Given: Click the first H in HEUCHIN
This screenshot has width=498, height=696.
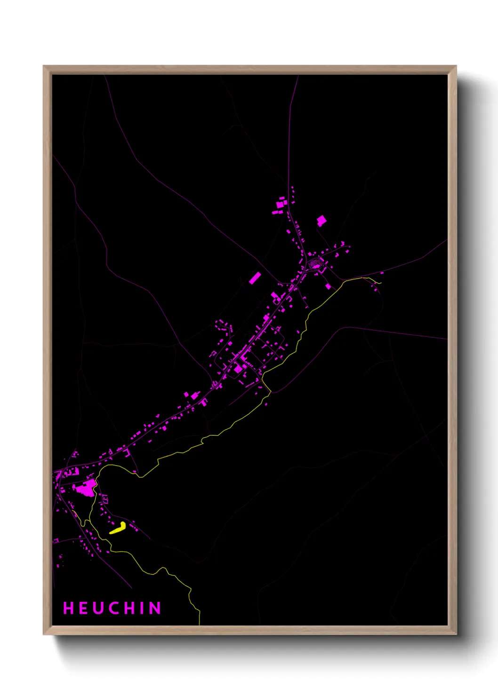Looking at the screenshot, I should point(68,608).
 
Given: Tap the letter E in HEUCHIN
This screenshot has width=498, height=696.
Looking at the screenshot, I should point(82,608).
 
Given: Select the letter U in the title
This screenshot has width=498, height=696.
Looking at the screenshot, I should point(97,608).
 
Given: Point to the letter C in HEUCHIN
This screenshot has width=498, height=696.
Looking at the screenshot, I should point(113,608).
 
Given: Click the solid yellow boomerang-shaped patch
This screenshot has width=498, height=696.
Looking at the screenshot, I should point(118,528).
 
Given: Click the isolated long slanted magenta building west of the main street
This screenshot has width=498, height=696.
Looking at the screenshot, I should point(255,278).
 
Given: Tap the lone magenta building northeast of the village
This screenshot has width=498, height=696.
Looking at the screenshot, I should point(321,220).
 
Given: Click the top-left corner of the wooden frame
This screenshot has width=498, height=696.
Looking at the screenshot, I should point(44,67).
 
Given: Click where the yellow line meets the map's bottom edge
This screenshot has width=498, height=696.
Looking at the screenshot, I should point(200,624).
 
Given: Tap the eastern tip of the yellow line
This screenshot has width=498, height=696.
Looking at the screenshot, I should point(379,283).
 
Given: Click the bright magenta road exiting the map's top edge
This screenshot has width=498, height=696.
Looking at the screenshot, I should point(298,77).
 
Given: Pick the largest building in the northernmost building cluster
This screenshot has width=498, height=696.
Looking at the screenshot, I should point(280,205).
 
